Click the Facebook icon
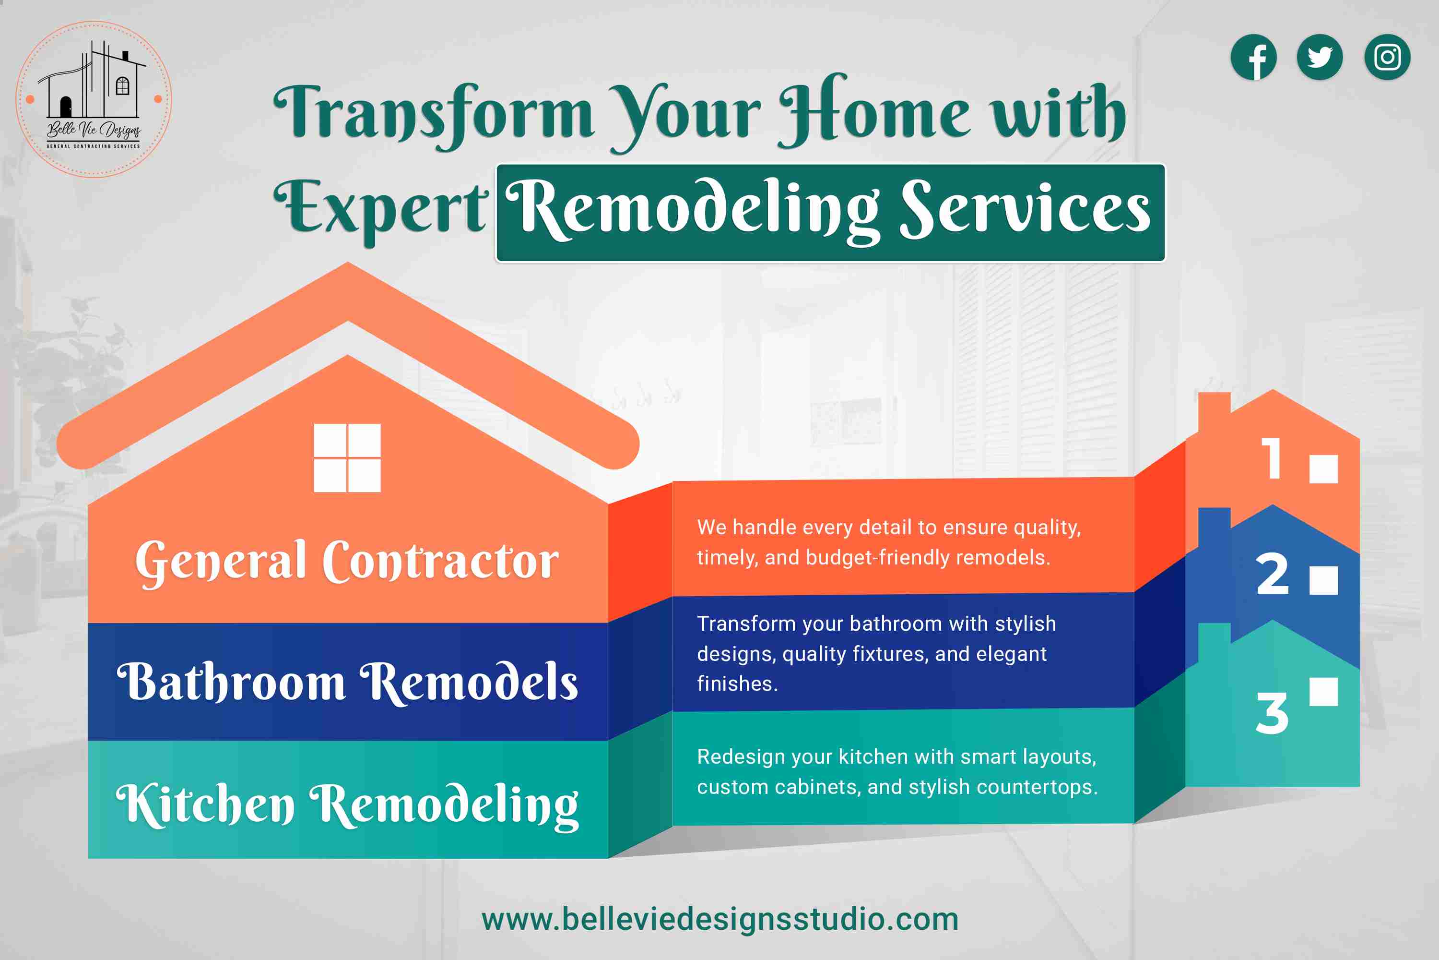[x=1254, y=57]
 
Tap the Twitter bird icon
[x=1320, y=57]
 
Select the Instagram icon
[x=1387, y=57]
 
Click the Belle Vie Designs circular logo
[x=94, y=99]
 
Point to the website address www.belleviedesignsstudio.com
[x=720, y=920]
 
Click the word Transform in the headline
[x=433, y=113]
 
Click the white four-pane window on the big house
[x=347, y=458]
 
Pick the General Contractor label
[x=347, y=562]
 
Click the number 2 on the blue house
[x=1272, y=574]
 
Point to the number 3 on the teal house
[x=1272, y=713]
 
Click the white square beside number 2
[x=1323, y=580]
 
